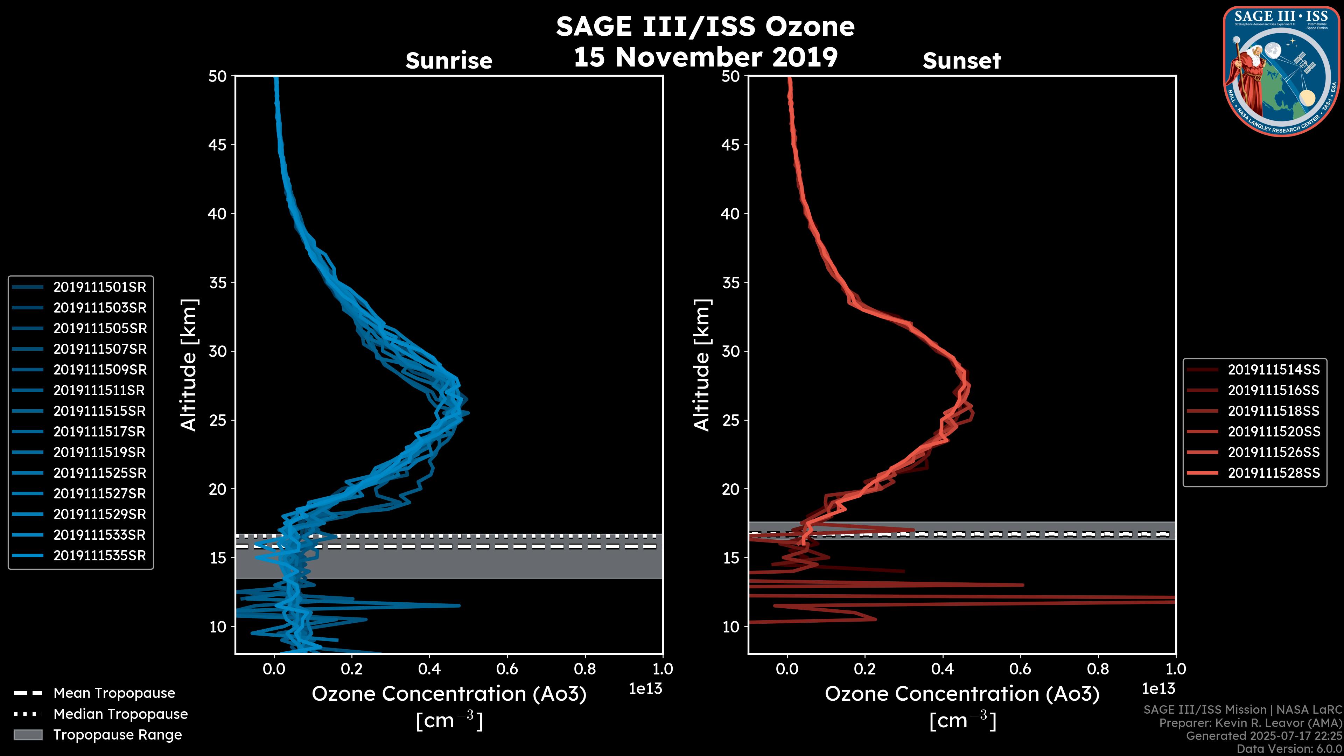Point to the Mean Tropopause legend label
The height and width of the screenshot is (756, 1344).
(114, 693)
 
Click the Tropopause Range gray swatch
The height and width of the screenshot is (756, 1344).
(28, 735)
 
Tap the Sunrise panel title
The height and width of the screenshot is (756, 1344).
(449, 61)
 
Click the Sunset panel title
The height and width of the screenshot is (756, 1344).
(961, 61)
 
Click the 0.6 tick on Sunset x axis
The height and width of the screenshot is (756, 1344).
(1020, 669)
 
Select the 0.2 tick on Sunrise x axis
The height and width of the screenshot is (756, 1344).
(352, 669)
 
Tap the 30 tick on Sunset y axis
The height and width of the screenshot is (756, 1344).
(731, 351)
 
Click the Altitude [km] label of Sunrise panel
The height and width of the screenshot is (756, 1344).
(189, 365)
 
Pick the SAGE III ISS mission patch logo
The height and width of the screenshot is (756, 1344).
(1281, 71)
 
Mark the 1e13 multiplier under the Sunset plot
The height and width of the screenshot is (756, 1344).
(1158, 689)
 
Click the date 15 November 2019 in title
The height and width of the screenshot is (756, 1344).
(705, 57)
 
